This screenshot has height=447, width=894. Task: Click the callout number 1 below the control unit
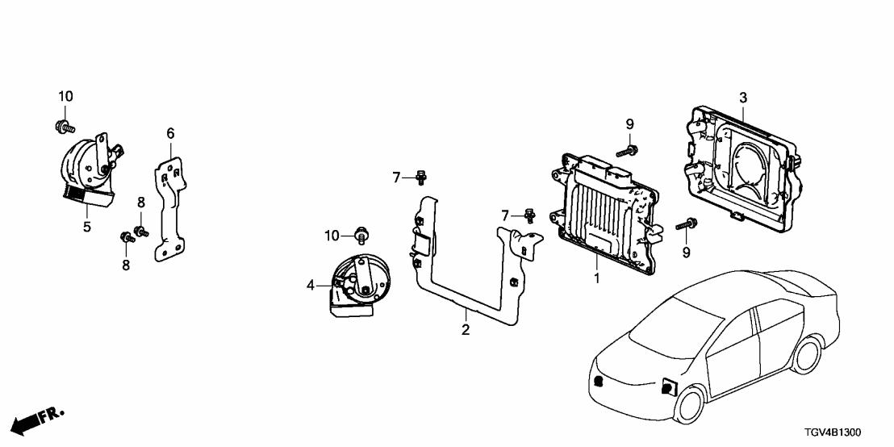click(x=596, y=279)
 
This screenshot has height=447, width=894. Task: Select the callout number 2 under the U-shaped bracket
click(x=466, y=329)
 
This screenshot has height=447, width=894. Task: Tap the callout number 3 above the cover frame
click(x=743, y=98)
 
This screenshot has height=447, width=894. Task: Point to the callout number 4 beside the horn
click(x=310, y=285)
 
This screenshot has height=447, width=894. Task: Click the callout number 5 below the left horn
click(x=86, y=227)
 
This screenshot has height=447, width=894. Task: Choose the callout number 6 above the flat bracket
click(x=170, y=133)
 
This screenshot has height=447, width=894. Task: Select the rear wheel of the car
click(x=808, y=355)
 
